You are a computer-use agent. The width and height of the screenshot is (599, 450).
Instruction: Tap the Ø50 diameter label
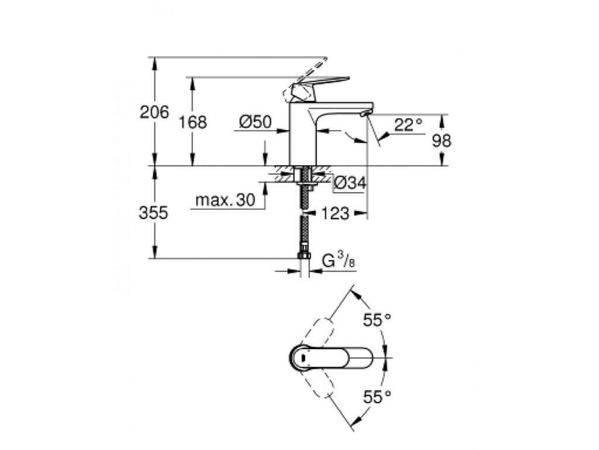(256, 122)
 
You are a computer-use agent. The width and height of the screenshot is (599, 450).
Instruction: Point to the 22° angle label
(408, 124)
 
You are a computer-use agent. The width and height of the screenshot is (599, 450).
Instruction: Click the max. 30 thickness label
(225, 200)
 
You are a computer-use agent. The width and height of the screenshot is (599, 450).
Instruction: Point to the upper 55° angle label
(377, 320)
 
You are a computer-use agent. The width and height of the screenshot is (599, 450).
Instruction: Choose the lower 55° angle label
(377, 397)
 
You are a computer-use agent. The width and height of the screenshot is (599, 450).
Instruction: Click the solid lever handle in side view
(325, 82)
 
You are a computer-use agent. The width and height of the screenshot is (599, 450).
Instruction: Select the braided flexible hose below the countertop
(304, 231)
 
